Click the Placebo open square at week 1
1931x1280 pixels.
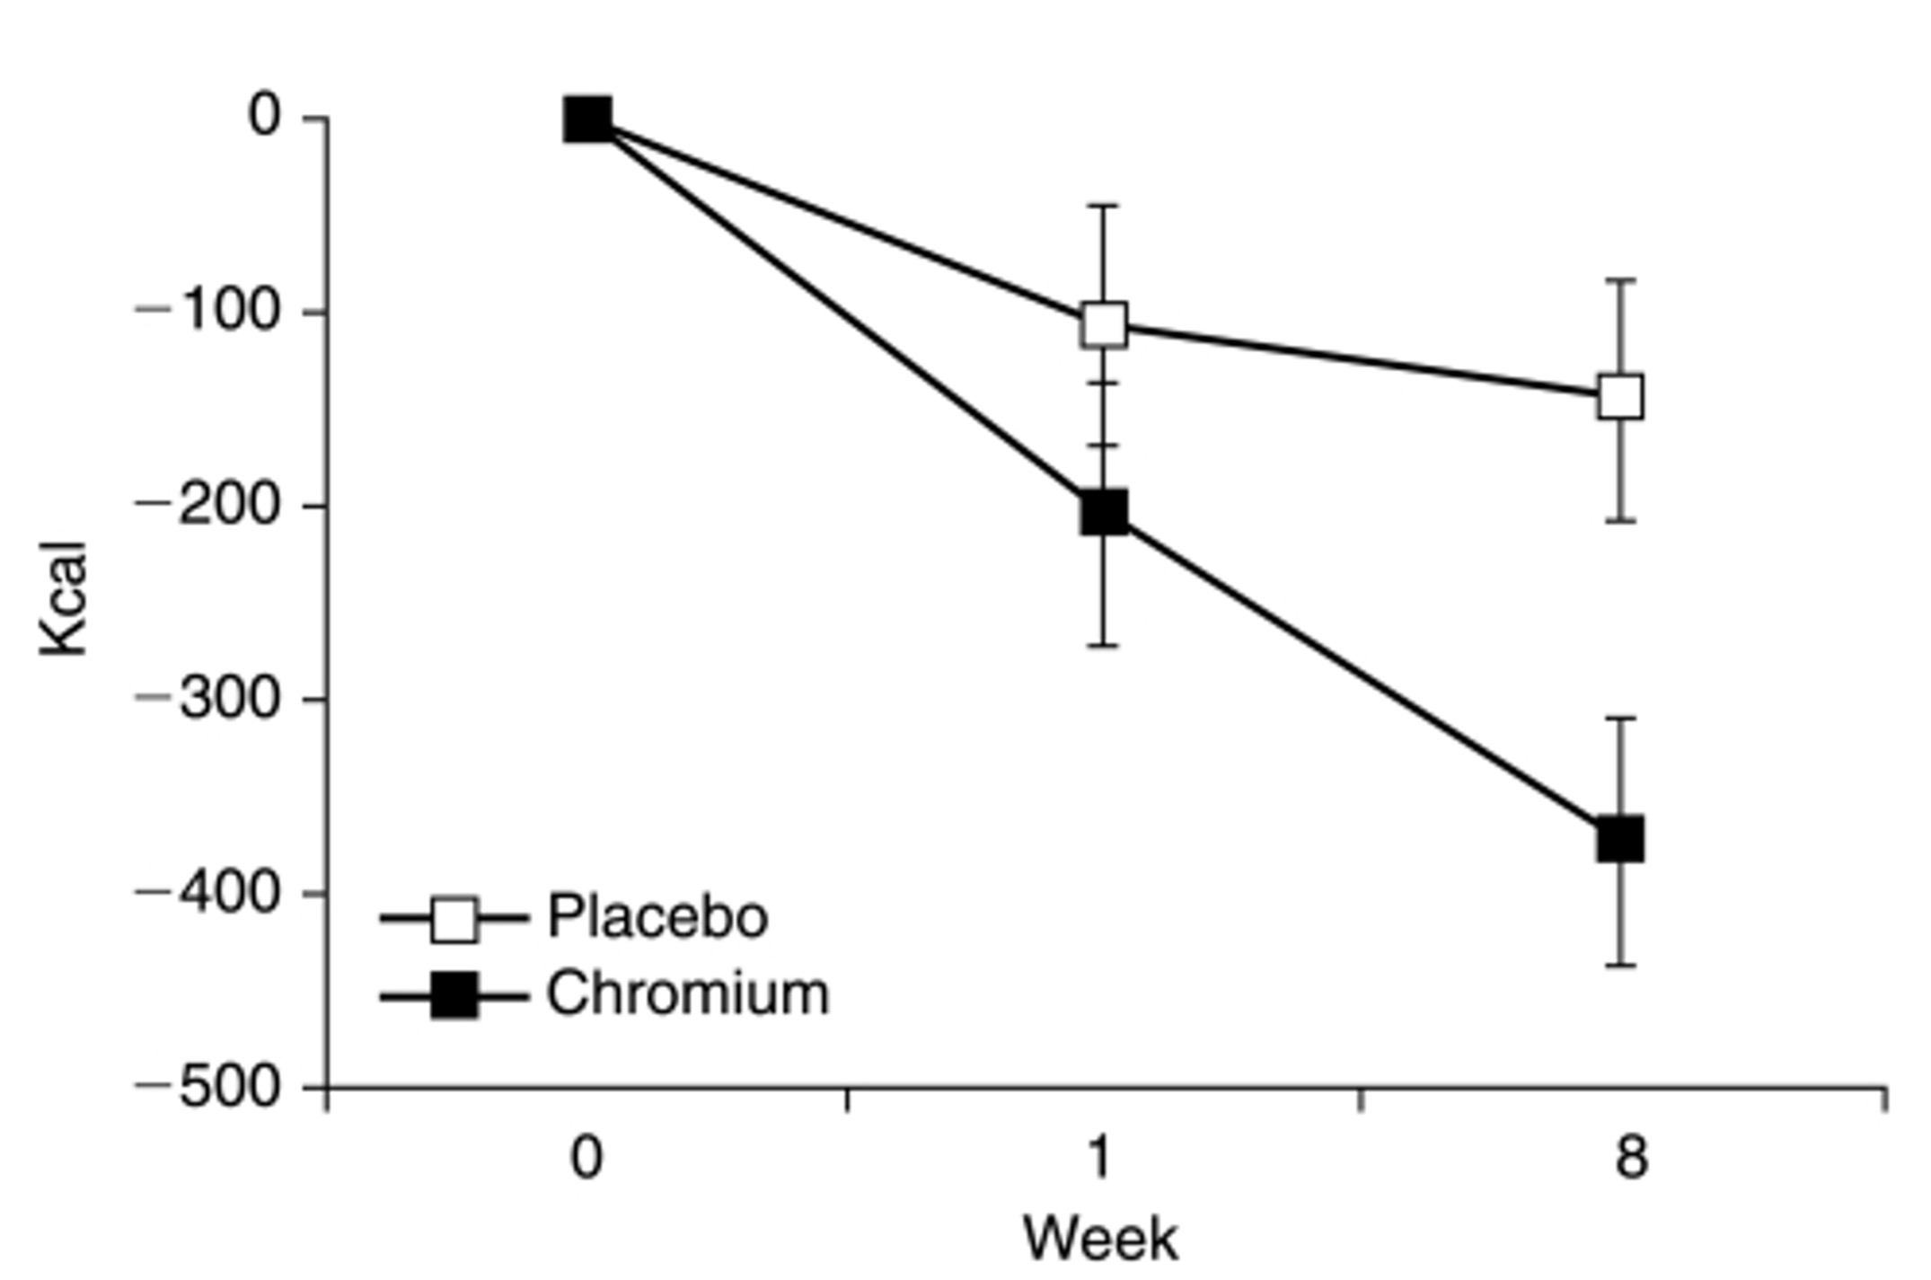pos(1104,324)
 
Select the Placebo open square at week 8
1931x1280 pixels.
pos(1621,396)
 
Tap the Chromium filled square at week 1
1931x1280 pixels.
pos(1104,512)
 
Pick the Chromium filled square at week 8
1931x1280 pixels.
pos(1621,839)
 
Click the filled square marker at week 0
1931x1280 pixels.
pos(588,119)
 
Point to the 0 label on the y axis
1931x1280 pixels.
pos(266,117)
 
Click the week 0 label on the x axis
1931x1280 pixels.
pos(587,1157)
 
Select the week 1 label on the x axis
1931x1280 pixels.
pos(1101,1157)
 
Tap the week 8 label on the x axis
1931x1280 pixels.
pos(1631,1157)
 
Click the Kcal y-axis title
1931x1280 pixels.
pos(65,598)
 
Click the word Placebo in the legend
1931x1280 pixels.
pos(657,917)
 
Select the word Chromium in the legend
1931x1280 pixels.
pos(688,994)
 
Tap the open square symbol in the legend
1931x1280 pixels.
pos(454,919)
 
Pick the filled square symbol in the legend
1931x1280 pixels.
pos(454,996)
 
